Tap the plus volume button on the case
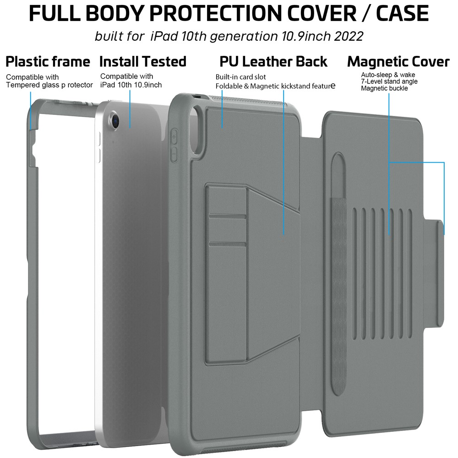click(x=174, y=137)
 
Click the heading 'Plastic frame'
click(x=48, y=62)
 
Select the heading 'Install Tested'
click(x=143, y=62)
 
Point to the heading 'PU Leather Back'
click(x=273, y=62)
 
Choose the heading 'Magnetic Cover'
click(x=398, y=62)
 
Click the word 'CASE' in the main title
click(x=403, y=13)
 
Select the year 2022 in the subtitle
click(x=349, y=37)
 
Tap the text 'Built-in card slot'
click(x=241, y=77)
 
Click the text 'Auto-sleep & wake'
click(x=388, y=75)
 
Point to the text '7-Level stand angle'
click(x=389, y=82)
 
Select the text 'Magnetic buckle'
click(x=384, y=88)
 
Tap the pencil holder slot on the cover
click(x=338, y=274)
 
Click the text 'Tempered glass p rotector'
click(x=49, y=85)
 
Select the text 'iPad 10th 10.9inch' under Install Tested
click(x=131, y=85)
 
